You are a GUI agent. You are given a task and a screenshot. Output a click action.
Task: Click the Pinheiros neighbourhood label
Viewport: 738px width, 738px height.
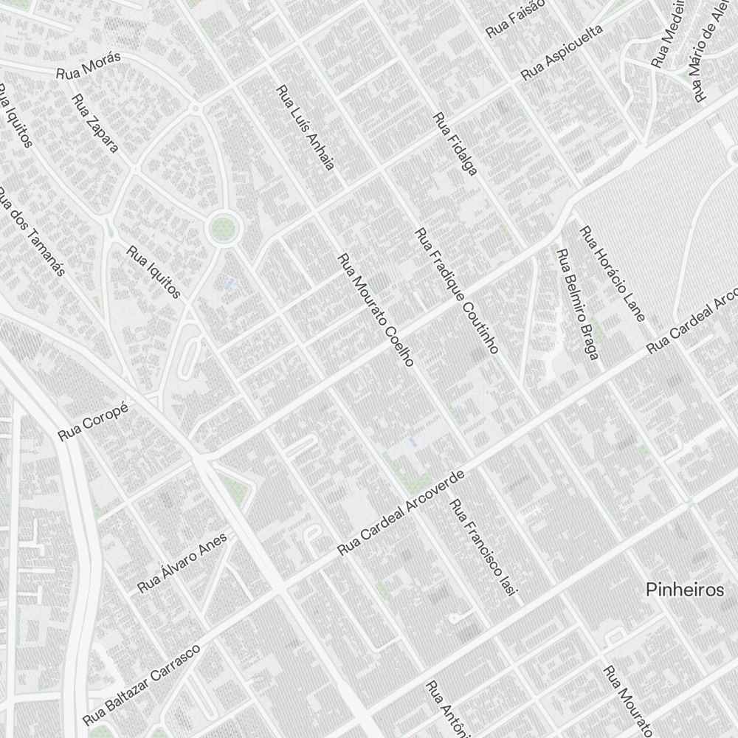click(684, 590)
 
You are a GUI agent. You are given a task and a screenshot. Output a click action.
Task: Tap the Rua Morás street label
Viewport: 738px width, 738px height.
click(89, 66)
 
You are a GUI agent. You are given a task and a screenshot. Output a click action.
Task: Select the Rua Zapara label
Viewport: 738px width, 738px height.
click(95, 123)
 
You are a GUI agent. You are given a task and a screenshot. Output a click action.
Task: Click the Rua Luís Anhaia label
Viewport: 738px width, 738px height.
click(306, 127)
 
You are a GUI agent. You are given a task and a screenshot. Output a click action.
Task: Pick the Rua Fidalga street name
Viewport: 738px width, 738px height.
click(455, 143)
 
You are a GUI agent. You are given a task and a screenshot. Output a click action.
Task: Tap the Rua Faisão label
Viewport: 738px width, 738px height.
click(515, 19)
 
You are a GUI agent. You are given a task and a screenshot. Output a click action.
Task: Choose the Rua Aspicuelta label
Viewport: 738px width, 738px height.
click(562, 52)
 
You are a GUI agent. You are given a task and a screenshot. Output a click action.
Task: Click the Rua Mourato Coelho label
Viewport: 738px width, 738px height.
click(376, 310)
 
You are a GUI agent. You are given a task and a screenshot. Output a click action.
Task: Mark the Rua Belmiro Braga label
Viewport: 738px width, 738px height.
click(576, 305)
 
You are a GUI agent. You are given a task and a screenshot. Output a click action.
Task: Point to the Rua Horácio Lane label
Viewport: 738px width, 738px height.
click(612, 274)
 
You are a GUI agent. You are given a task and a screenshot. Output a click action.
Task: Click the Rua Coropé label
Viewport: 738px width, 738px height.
click(93, 421)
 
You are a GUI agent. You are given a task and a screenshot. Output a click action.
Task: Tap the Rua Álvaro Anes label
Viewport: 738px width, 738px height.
click(182, 562)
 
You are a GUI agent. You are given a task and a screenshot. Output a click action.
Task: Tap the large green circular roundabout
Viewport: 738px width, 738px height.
click(224, 228)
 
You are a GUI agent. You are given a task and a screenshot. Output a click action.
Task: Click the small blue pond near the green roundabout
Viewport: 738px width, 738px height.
click(229, 283)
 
